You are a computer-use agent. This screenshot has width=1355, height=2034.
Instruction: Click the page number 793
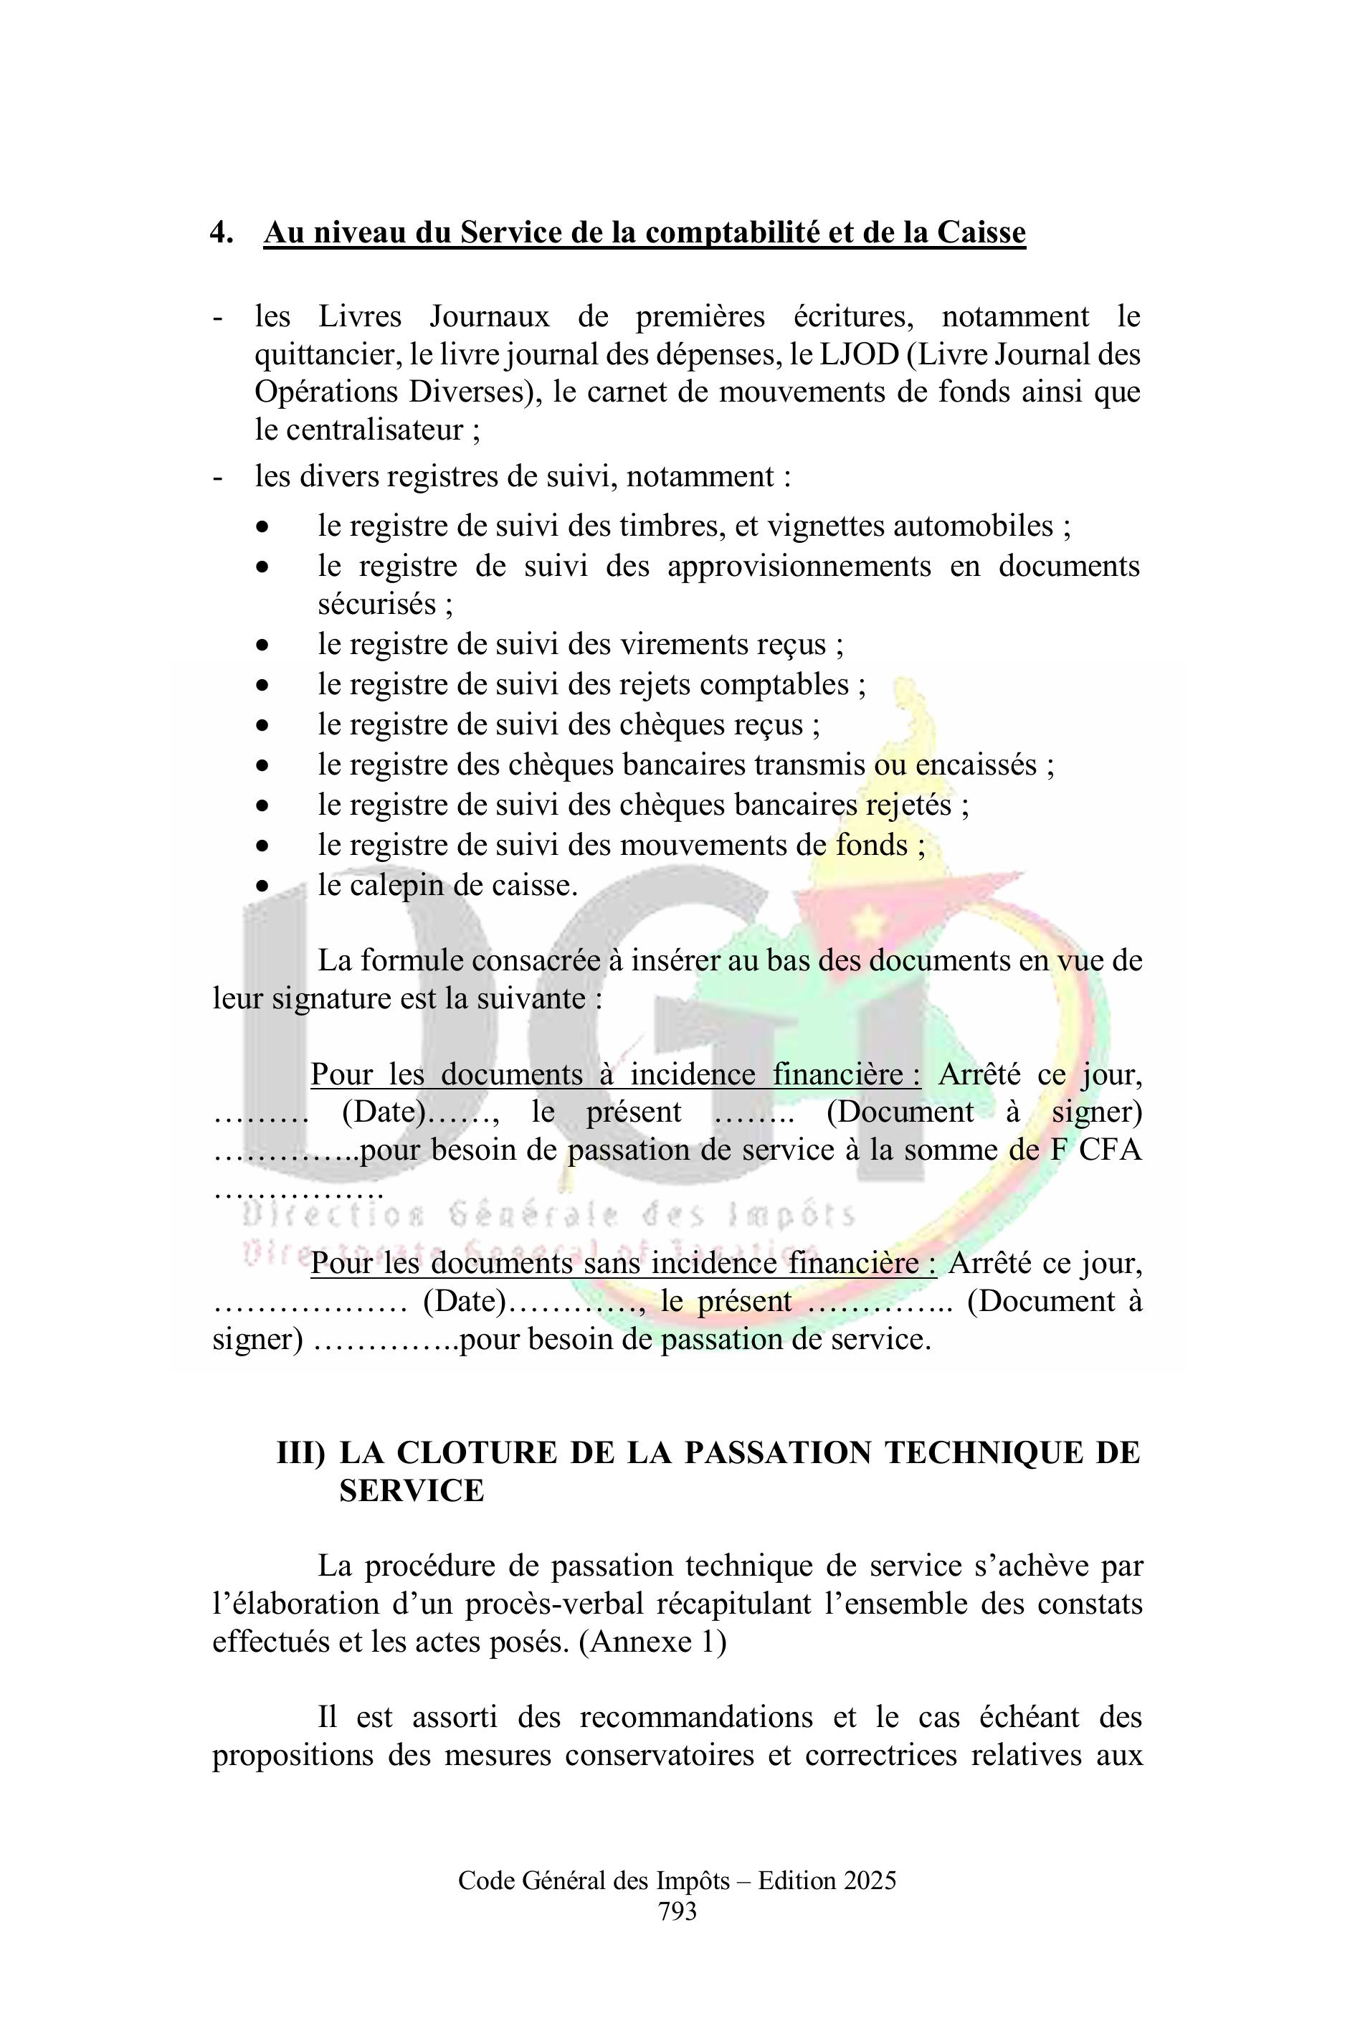coord(677,1911)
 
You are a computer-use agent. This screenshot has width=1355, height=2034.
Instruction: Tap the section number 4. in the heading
coord(222,232)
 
